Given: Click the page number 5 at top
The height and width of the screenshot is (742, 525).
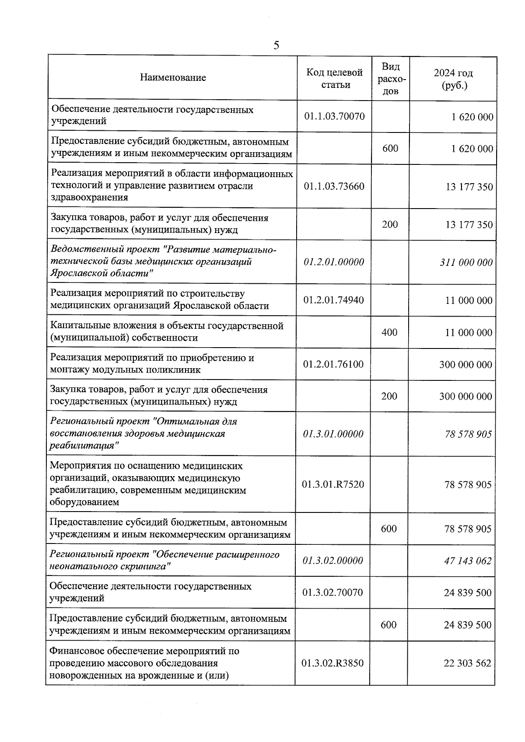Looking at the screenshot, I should (276, 45).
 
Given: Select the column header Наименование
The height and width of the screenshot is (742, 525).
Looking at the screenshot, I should (173, 78).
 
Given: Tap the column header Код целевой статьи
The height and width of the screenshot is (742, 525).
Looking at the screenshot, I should (335, 78).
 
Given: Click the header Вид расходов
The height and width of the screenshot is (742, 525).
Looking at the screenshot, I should (391, 79).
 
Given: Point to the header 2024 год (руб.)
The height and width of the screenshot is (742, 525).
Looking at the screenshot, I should (453, 79).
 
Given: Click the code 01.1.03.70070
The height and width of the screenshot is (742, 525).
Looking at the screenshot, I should (335, 116).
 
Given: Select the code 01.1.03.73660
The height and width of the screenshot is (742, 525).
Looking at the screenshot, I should (335, 186).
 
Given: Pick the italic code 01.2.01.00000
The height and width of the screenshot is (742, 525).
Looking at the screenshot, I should (334, 262).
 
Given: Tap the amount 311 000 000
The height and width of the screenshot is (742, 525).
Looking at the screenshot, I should (466, 262).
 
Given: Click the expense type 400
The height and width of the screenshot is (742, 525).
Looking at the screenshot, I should (389, 332).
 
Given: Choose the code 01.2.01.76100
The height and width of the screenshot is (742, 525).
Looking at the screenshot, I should (333, 364).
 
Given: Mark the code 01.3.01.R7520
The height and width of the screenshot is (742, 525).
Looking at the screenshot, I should (333, 484).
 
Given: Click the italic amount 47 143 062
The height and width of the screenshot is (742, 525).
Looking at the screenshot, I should (468, 561).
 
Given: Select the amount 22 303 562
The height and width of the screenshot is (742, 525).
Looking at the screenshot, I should (467, 663).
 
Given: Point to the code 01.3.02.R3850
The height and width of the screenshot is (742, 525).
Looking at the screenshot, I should (332, 663).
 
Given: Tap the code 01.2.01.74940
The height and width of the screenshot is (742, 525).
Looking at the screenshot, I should (333, 300).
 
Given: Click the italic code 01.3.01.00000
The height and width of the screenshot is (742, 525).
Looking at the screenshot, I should (333, 434).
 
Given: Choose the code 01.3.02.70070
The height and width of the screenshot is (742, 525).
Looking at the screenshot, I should (332, 592).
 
